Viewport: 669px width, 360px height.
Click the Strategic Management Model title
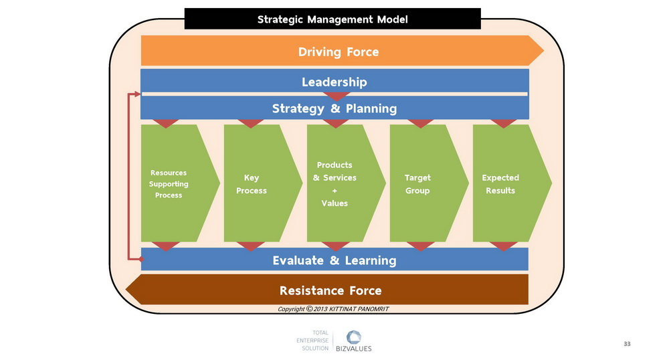(x=332, y=19)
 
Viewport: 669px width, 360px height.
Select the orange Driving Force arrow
(x=342, y=51)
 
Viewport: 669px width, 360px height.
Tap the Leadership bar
(x=334, y=81)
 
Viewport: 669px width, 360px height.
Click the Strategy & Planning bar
(x=334, y=108)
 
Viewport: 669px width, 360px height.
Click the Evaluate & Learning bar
(x=334, y=260)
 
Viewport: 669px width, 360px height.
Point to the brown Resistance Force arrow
(x=327, y=290)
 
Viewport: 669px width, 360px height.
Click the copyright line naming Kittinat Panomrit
(x=333, y=309)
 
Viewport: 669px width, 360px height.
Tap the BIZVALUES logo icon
(x=353, y=337)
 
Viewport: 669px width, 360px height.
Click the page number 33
(x=627, y=344)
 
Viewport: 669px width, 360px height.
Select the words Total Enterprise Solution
(x=312, y=341)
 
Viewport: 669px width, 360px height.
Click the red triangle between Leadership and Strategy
(x=337, y=96)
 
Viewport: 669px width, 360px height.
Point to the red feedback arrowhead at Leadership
(x=137, y=94)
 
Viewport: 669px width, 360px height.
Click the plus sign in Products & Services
(x=334, y=191)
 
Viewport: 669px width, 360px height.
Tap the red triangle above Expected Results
(x=504, y=124)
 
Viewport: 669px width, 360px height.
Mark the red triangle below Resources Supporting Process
(x=165, y=246)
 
